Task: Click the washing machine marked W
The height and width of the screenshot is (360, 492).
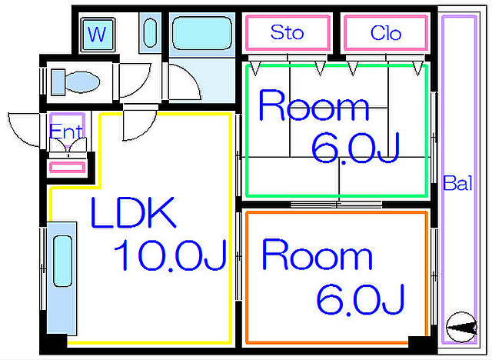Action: (x=98, y=35)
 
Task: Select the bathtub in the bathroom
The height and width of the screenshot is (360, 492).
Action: (x=202, y=33)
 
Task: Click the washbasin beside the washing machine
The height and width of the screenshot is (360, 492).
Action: (x=150, y=32)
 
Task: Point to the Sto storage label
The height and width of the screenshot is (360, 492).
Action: (x=287, y=32)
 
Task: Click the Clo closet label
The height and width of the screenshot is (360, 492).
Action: (x=386, y=33)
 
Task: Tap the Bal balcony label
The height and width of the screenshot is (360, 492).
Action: (x=457, y=183)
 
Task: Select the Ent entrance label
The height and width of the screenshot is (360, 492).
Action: (x=66, y=132)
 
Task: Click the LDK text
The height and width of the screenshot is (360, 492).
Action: (x=133, y=212)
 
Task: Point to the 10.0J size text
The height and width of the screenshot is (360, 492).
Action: (x=171, y=255)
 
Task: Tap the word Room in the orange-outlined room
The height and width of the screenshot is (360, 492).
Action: (x=317, y=254)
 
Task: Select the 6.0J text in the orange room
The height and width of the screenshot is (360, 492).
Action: (x=361, y=299)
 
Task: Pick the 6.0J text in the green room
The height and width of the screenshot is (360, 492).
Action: (x=355, y=148)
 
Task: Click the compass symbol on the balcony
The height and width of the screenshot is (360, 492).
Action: (x=461, y=328)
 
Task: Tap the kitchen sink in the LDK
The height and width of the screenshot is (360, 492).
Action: (x=62, y=262)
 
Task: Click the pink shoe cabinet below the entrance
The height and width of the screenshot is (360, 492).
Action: (x=67, y=167)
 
